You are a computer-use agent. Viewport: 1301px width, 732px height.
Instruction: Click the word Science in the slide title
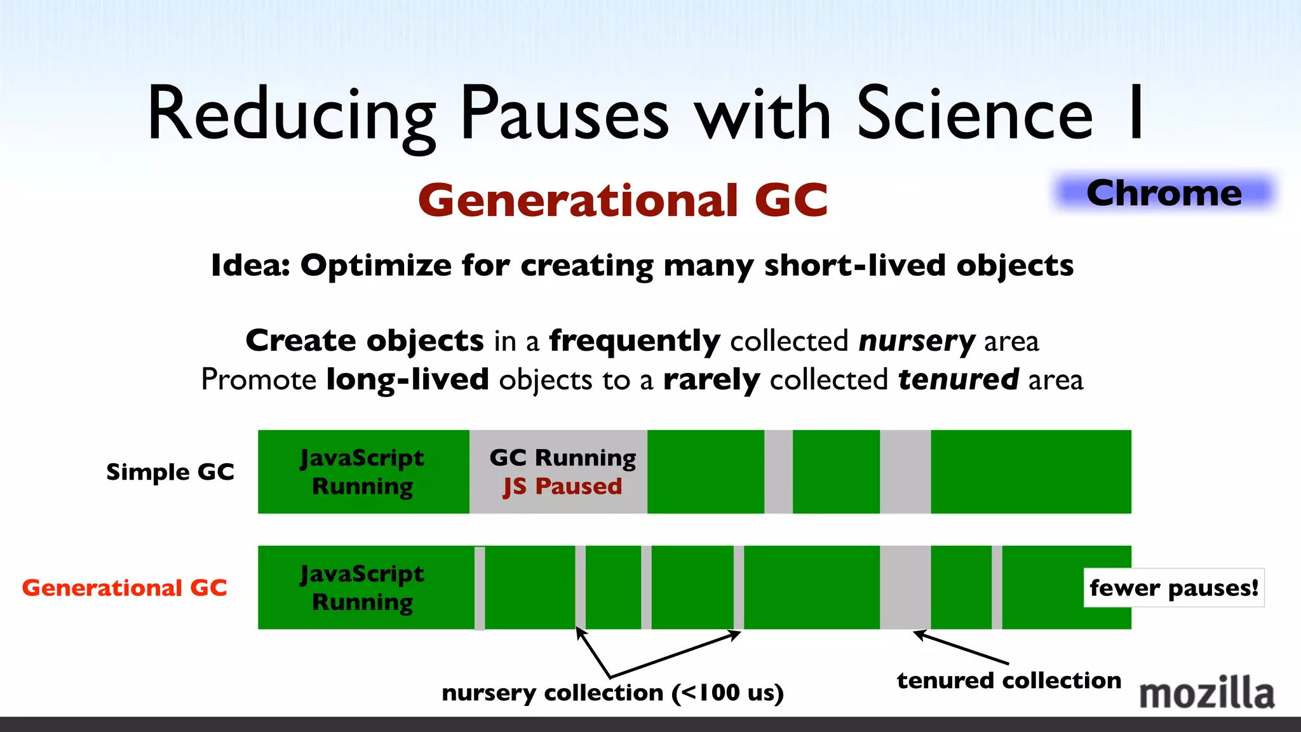[x=974, y=114]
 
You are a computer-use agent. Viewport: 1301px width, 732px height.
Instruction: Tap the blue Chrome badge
[x=1164, y=193]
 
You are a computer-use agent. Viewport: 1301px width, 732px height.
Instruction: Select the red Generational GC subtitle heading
[x=623, y=200]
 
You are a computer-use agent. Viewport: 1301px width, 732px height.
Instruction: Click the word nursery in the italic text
[x=916, y=341]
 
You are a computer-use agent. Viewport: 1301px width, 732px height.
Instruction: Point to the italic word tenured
[x=958, y=380]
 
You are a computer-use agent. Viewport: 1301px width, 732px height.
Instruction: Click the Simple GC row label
[x=170, y=472]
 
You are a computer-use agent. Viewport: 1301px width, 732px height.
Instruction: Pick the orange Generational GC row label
[x=125, y=588]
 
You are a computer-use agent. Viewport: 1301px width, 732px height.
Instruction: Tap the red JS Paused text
[x=562, y=486]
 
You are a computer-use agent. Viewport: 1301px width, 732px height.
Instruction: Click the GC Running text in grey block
[x=562, y=457]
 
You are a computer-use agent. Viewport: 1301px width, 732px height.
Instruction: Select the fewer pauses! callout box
[x=1173, y=588]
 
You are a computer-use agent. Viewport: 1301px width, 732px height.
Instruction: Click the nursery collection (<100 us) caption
[x=612, y=693]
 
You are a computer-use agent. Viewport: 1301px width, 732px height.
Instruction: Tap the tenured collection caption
[x=1009, y=681]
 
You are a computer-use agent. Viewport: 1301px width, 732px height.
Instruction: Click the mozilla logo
[x=1206, y=693]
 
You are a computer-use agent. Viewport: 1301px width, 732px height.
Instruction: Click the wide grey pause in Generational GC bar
[x=905, y=587]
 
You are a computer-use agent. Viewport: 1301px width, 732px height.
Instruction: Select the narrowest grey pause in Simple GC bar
[x=778, y=471]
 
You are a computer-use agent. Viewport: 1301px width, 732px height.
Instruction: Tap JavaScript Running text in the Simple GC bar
[x=362, y=471]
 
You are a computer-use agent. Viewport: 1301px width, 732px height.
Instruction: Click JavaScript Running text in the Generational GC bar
[x=362, y=587]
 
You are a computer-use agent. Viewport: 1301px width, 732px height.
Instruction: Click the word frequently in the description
[x=634, y=341]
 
